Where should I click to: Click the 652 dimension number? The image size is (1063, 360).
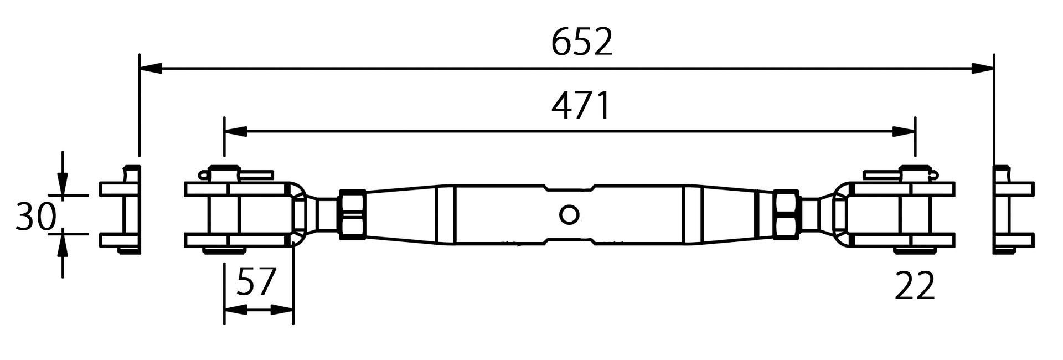click(x=582, y=43)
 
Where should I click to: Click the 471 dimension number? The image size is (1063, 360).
click(x=581, y=106)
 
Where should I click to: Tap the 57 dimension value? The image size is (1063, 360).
click(x=256, y=282)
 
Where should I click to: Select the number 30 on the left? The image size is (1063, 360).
click(x=36, y=217)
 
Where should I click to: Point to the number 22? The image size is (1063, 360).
click(x=915, y=286)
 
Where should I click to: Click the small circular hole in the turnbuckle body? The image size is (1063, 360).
click(x=569, y=214)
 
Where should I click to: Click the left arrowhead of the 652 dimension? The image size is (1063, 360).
click(x=151, y=69)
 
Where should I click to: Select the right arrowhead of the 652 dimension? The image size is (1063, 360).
click(x=983, y=69)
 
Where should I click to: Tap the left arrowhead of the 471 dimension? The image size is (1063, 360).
click(x=235, y=132)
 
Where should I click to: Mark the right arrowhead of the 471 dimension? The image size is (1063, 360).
click(x=904, y=132)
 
